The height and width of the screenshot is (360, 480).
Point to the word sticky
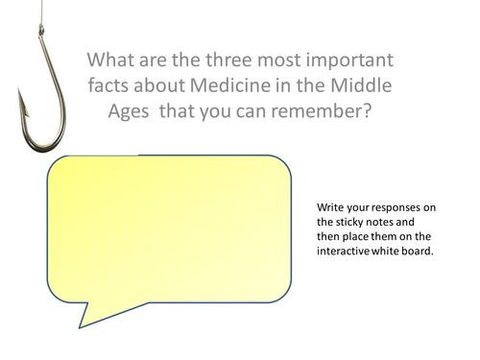point(349,224)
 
